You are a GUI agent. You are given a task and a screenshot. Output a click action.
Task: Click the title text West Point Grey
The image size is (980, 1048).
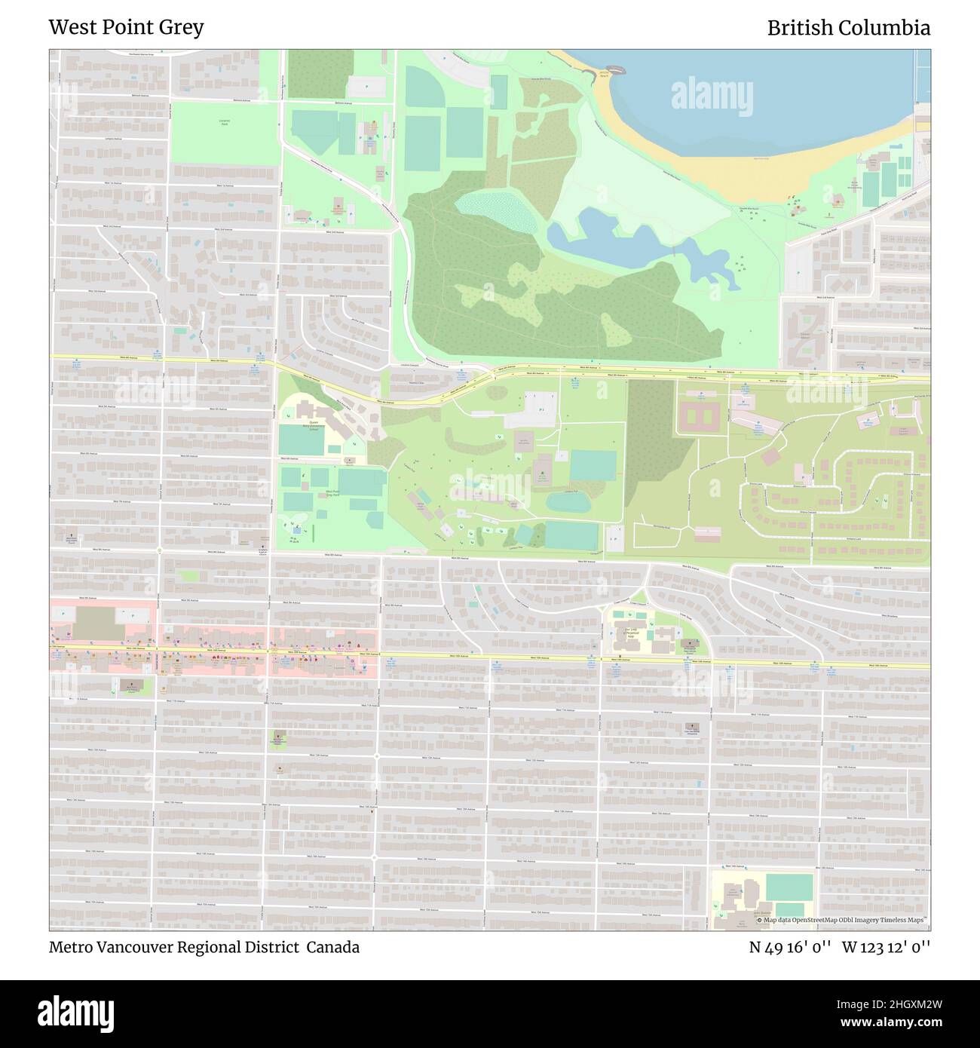click(126, 28)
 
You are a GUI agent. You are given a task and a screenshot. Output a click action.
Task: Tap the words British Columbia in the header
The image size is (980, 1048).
click(848, 28)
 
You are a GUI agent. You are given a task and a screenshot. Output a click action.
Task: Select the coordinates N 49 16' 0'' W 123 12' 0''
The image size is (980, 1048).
click(839, 947)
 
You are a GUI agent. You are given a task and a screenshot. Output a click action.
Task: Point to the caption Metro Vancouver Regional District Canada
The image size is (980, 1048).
click(204, 947)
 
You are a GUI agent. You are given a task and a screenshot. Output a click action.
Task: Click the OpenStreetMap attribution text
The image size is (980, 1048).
click(844, 920)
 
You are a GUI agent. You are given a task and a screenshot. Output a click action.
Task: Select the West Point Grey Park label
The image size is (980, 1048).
click(332, 493)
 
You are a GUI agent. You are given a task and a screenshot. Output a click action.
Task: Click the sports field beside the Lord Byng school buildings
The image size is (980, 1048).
click(789, 887)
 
